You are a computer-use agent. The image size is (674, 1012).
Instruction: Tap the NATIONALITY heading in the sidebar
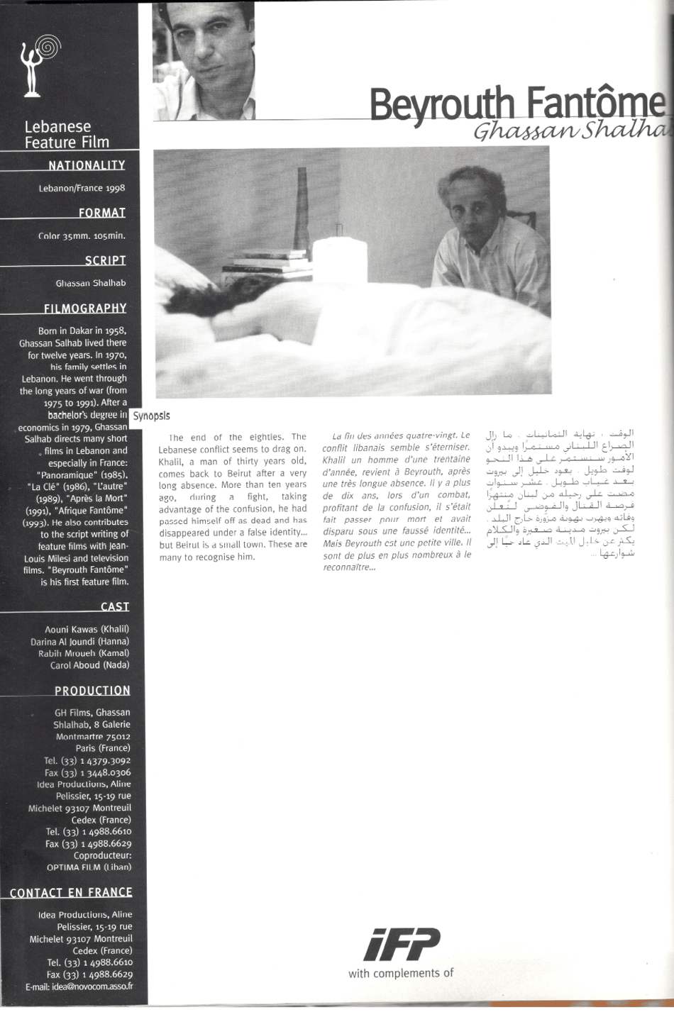(x=87, y=165)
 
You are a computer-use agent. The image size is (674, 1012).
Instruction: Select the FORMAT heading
(x=102, y=213)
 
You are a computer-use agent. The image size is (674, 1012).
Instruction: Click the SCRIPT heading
(x=105, y=260)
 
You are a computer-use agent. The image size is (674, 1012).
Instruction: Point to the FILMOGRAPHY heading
(x=85, y=308)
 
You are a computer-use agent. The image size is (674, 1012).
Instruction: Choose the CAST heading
(x=115, y=606)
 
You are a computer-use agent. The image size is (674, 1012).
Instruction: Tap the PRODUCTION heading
(x=92, y=691)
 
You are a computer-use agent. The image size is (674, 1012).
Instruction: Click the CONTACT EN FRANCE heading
(x=71, y=892)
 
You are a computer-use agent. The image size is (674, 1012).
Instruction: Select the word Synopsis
(x=151, y=416)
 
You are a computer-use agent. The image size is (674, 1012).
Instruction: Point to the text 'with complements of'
(x=400, y=973)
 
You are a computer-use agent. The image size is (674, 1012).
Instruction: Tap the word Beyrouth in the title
(x=441, y=106)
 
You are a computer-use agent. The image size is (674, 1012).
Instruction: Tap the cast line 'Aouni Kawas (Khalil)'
(x=87, y=629)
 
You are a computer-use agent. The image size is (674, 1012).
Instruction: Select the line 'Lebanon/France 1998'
(x=82, y=189)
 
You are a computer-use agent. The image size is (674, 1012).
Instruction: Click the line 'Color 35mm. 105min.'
(x=82, y=236)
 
